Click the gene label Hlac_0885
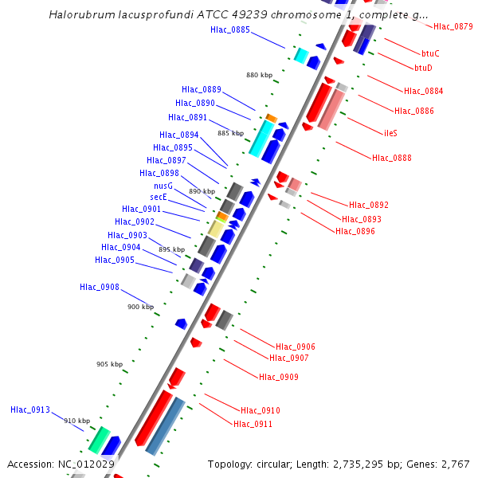(230, 29)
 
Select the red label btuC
(428, 53)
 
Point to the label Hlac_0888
(392, 158)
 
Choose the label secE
(159, 197)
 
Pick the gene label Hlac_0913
(30, 409)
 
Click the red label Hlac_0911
(253, 424)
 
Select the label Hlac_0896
(355, 231)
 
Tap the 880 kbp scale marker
(259, 75)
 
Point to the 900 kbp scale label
(140, 307)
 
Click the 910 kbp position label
(77, 421)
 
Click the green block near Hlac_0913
(99, 439)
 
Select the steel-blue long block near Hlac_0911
(166, 426)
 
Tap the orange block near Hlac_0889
(272, 118)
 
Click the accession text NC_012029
(83, 464)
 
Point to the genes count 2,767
(455, 464)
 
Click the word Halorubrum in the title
(81, 14)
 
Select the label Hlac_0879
(453, 26)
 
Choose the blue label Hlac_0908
(100, 287)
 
